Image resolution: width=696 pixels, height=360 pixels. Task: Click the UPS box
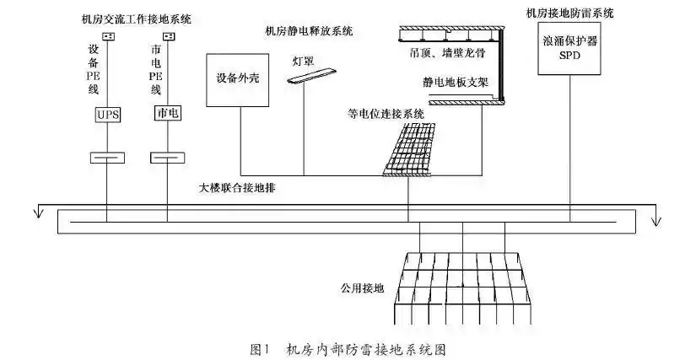point(107,114)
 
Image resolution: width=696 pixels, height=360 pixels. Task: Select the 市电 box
point(167,114)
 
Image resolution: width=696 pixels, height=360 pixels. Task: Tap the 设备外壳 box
point(236,81)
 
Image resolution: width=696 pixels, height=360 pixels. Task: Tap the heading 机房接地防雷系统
point(569,13)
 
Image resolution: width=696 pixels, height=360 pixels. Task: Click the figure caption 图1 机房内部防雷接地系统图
point(348,347)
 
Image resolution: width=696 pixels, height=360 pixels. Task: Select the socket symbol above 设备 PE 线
point(107,36)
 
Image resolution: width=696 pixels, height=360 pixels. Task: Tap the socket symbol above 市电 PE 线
point(167,36)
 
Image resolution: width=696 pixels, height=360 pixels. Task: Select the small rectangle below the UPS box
point(107,158)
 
